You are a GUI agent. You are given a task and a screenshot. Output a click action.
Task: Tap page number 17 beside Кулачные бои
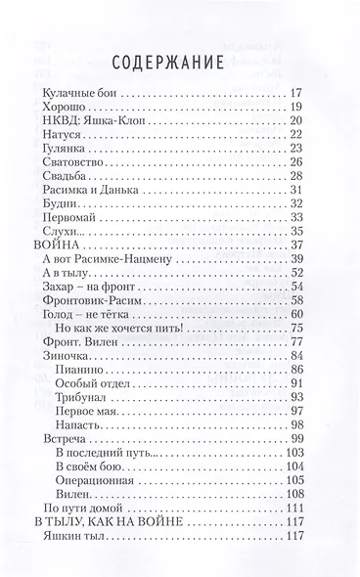(300, 93)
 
